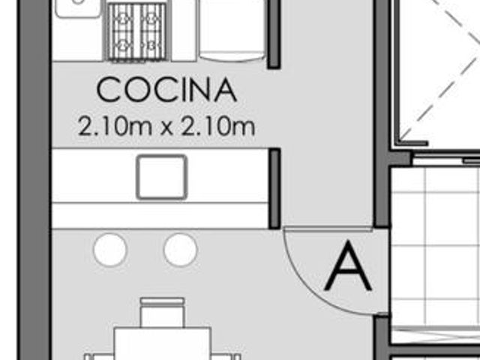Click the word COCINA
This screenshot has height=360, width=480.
click(x=166, y=89)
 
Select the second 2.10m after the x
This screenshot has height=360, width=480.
click(x=218, y=126)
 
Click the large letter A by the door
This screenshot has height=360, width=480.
click(x=348, y=265)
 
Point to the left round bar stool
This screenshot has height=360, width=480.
click(x=110, y=250)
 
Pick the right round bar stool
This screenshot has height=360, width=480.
click(x=180, y=250)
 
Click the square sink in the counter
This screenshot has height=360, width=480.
click(x=162, y=177)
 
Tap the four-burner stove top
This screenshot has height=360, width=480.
click(x=136, y=31)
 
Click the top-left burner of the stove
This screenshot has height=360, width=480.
click(x=124, y=19)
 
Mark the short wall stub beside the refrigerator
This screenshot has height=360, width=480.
click(x=274, y=34)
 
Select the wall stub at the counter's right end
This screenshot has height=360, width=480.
click(x=274, y=188)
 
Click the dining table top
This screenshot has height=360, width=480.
click(x=162, y=343)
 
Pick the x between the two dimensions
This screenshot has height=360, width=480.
click(x=166, y=128)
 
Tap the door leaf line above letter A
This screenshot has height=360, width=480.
click(x=328, y=229)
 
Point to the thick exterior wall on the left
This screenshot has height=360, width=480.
click(x=34, y=180)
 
